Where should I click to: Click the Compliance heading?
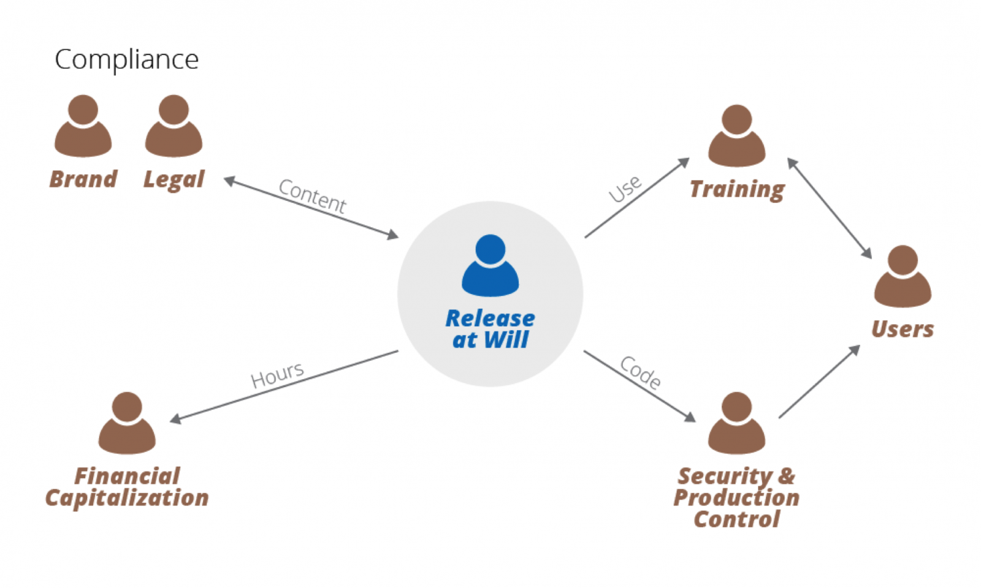pos(126,60)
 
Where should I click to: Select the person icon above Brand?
pos(83,126)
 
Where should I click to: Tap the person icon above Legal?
pos(174,126)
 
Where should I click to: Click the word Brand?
pos(83,179)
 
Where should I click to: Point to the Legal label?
pos(174,179)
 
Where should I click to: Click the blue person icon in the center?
pos(490,266)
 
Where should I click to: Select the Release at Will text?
pos(490,329)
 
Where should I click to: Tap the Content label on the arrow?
pos(312,196)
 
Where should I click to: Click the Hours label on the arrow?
pos(277,374)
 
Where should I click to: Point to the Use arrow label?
pos(625,189)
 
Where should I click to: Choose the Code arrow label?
pos(641,372)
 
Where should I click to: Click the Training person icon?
pos(736,136)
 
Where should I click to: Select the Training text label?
pos(737,189)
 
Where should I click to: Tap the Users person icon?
pos(903,277)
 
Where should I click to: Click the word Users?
pos(903,330)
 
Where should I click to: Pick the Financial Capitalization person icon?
pos(127,423)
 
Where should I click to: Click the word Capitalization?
pos(127,498)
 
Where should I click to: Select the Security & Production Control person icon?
pos(736,423)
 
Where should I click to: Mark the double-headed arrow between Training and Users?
pos(830,208)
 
